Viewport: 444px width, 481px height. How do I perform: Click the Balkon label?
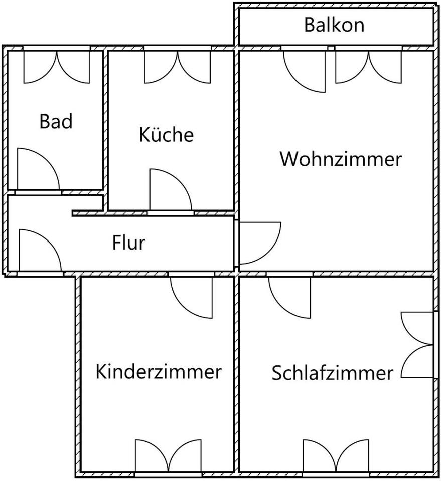[x=334, y=25]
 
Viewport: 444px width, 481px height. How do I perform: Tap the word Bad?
[x=56, y=121]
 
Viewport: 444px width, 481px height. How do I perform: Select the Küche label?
[x=166, y=135]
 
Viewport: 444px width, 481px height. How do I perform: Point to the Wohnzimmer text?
[x=341, y=159]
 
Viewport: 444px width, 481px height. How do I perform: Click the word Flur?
[x=129, y=243]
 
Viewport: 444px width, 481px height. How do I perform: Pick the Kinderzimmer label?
[x=159, y=372]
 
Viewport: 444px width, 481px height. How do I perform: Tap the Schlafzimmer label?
[x=332, y=373]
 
